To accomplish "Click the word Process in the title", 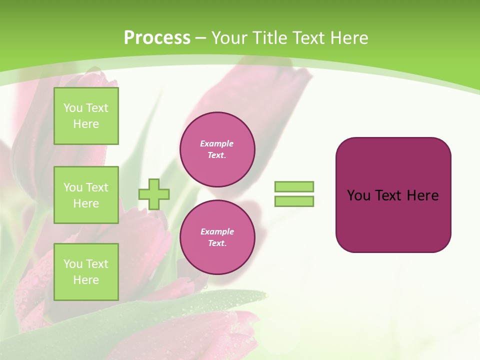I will point(157,38).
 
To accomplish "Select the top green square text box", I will point(86,116).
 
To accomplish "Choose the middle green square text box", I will point(86,195).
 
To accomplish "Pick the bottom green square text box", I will point(86,272).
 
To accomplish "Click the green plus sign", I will point(154,194).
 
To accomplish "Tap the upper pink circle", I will point(217,149).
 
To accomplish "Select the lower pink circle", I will point(217,237).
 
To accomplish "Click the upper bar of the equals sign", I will point(294,186).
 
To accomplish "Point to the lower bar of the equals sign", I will point(294,201).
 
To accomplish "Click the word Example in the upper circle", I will point(217,143).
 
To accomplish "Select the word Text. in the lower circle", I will point(217,243).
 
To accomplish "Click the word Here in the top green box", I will point(86,124).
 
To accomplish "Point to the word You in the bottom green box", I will point(73,264).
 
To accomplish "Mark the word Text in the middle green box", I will point(97,187).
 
